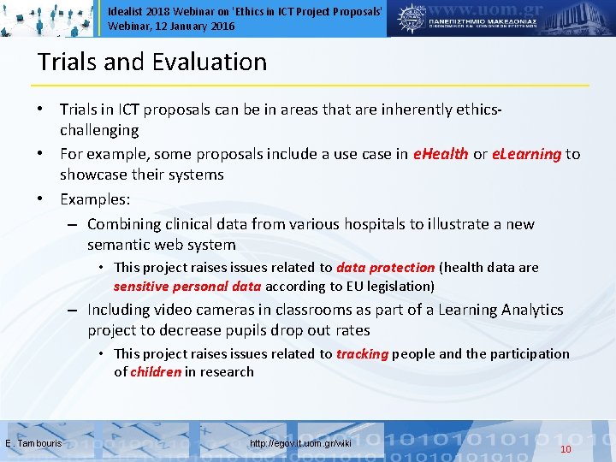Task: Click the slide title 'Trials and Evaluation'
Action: click(x=152, y=62)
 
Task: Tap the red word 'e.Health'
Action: click(x=440, y=154)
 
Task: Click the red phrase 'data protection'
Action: click(x=385, y=268)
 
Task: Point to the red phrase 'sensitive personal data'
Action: click(x=187, y=286)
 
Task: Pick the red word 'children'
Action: click(x=156, y=371)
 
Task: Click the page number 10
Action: click(x=566, y=449)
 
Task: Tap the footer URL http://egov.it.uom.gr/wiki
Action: click(x=300, y=443)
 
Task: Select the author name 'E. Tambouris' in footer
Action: click(x=33, y=443)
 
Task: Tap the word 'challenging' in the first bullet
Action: click(x=98, y=130)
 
